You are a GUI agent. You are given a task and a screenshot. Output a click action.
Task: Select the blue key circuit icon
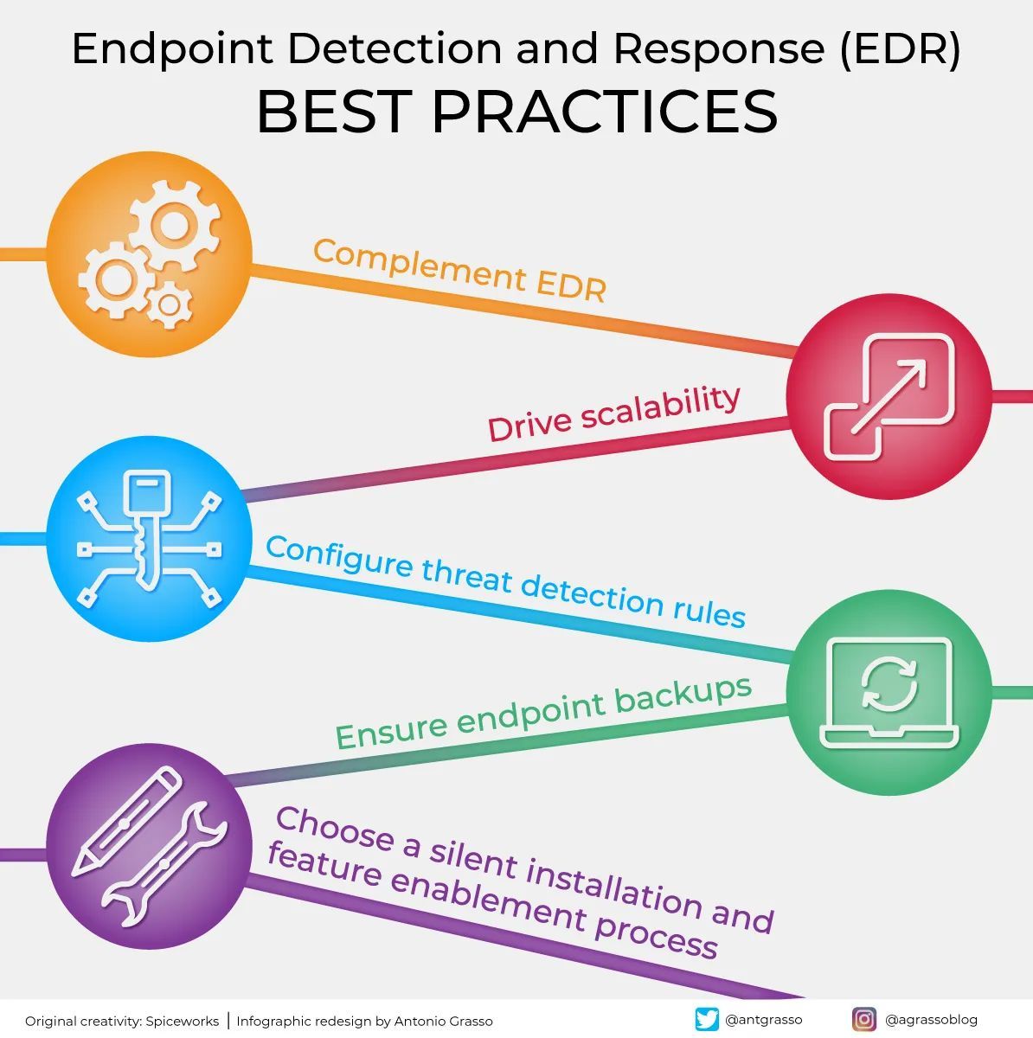[148, 540]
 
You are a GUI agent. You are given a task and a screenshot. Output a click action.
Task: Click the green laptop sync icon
[889, 691]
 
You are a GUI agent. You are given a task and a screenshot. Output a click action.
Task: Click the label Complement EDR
[459, 270]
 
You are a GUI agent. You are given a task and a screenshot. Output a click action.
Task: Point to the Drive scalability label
[613, 413]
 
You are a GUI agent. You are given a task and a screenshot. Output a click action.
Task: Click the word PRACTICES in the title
[605, 112]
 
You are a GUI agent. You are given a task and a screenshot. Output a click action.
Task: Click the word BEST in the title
[332, 112]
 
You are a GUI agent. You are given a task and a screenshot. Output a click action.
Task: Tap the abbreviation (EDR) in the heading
[899, 50]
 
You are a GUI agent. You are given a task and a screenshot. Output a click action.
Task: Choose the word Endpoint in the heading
[173, 50]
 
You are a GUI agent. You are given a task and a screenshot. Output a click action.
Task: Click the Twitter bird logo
[707, 1019]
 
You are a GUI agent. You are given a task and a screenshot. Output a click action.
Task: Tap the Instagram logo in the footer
[863, 1019]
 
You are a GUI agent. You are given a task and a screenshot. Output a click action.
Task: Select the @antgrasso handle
[763, 1020]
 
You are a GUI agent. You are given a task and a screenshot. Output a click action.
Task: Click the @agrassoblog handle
[931, 1020]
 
